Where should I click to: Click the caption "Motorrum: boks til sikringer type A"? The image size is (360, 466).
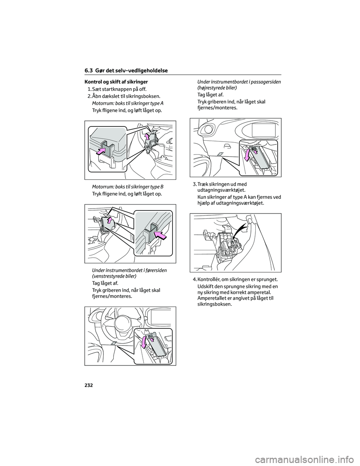coord(127,103)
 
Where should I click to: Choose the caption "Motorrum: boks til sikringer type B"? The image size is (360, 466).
coord(127,186)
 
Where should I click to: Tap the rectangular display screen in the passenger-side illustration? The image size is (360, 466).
coord(264,131)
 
